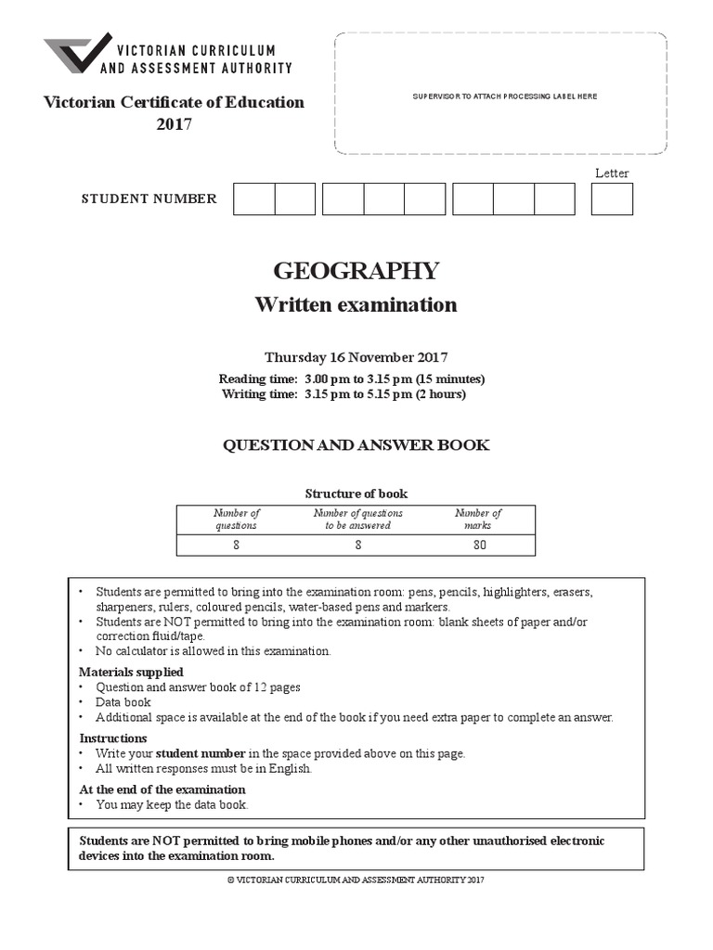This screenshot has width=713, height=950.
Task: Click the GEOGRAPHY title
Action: point(356,271)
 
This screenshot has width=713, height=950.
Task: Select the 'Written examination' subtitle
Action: point(356,305)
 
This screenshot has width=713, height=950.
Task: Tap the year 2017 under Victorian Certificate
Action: point(174,123)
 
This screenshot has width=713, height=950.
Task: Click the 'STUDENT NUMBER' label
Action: point(149,199)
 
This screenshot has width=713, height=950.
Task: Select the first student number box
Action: point(253,199)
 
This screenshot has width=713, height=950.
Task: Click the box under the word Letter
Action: point(612,199)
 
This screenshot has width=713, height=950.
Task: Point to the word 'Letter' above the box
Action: point(612,173)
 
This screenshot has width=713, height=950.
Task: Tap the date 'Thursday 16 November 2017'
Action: point(356,357)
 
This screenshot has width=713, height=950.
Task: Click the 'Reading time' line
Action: point(352,379)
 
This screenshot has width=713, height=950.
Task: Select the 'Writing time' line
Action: point(344,393)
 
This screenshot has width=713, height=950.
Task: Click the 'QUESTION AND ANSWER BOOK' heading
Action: point(356,445)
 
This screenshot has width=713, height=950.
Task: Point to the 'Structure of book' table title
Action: point(356,494)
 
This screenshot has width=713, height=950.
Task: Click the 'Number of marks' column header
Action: point(478,519)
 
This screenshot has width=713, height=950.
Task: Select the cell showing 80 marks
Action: point(478,546)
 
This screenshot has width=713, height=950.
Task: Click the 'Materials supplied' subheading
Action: point(131,672)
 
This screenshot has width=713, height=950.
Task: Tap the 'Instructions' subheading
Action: point(113,738)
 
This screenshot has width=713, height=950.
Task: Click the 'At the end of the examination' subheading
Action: point(162,790)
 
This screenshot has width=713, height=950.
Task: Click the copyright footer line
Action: point(356,879)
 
